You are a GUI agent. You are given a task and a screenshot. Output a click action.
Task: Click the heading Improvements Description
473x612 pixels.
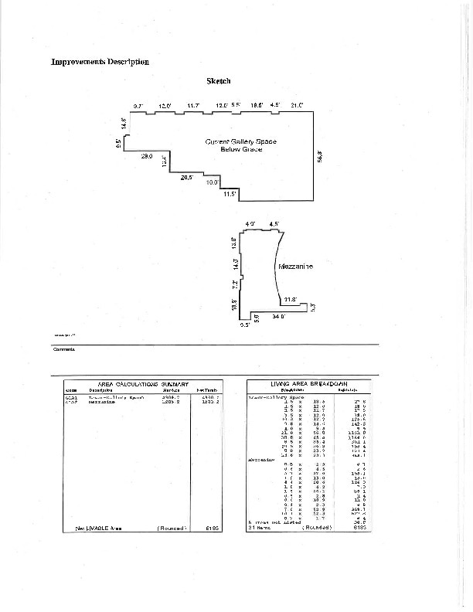pos(100,62)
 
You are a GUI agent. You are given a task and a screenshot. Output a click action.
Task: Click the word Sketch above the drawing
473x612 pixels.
pos(219,81)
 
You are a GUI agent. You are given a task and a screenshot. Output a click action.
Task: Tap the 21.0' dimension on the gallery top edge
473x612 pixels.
pos(297,104)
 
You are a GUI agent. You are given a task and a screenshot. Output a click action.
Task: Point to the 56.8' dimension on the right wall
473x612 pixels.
pos(319,155)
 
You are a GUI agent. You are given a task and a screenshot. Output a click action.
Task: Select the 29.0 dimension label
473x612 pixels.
pos(146,157)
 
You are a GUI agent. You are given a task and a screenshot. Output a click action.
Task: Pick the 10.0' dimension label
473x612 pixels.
pos(212,182)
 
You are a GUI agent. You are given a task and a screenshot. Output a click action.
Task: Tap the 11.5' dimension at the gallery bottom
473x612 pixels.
pos(230,194)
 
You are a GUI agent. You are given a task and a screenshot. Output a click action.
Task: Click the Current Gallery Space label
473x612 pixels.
pos(240,142)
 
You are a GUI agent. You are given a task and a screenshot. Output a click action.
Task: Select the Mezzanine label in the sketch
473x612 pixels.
pos(295,267)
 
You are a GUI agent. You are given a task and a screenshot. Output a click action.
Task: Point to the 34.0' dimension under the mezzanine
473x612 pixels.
pos(278,317)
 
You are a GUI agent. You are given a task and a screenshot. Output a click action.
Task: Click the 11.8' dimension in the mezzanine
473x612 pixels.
pos(290,299)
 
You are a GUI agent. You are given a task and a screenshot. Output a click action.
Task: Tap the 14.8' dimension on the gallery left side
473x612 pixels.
pos(124,124)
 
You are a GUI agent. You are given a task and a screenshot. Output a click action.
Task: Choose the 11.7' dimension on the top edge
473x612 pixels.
pos(193,105)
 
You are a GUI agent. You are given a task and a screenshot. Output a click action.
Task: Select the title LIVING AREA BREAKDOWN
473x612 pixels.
pos(309,383)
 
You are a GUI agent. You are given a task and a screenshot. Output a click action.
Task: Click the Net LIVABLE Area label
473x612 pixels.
pos(98,528)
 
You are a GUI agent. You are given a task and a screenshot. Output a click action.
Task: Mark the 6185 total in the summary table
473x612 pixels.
pos(213,528)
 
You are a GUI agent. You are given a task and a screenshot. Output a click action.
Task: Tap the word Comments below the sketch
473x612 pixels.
pos(64,349)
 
